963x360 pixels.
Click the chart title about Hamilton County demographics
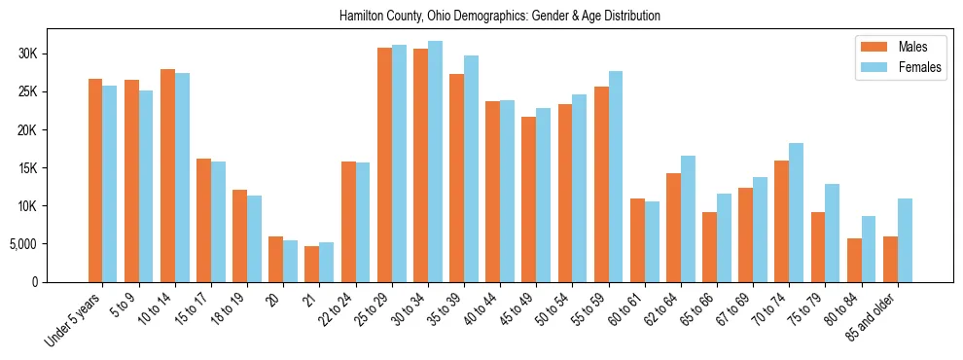(x=500, y=17)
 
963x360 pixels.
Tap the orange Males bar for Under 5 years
(x=95, y=180)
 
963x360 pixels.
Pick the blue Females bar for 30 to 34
(x=435, y=162)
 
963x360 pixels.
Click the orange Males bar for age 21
(x=311, y=264)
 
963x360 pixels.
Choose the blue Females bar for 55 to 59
(x=616, y=176)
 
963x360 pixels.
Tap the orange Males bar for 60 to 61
(x=637, y=240)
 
